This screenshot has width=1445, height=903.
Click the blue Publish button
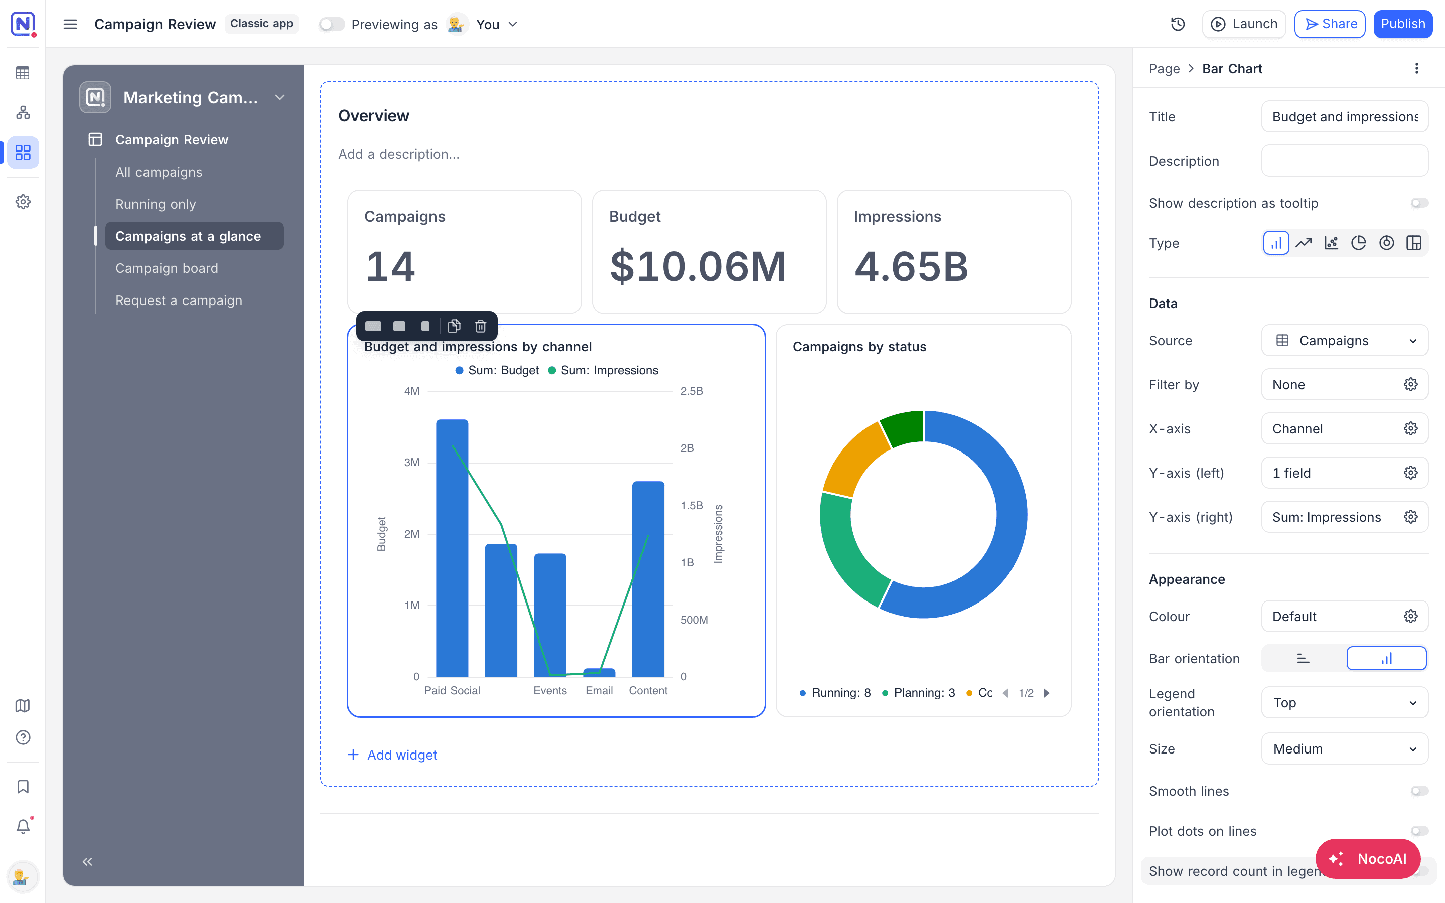1403,24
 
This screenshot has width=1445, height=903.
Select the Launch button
1244,24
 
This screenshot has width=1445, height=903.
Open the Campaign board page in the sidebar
167,268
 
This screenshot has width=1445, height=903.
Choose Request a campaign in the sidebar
179,300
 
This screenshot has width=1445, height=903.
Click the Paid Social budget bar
452,548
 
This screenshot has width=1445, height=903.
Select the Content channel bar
648,579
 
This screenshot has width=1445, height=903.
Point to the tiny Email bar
599,672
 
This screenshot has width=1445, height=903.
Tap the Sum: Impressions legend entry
603,370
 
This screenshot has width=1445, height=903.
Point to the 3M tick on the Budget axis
412,462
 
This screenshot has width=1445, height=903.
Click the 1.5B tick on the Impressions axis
692,505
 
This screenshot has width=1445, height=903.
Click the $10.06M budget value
697,266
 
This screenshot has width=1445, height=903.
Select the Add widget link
392,755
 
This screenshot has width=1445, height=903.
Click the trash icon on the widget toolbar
481,326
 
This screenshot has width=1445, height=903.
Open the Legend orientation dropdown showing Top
1345,702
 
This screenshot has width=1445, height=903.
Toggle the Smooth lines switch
1419,791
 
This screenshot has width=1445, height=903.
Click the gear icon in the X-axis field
1410,429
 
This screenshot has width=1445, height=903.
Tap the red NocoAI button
1367,859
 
